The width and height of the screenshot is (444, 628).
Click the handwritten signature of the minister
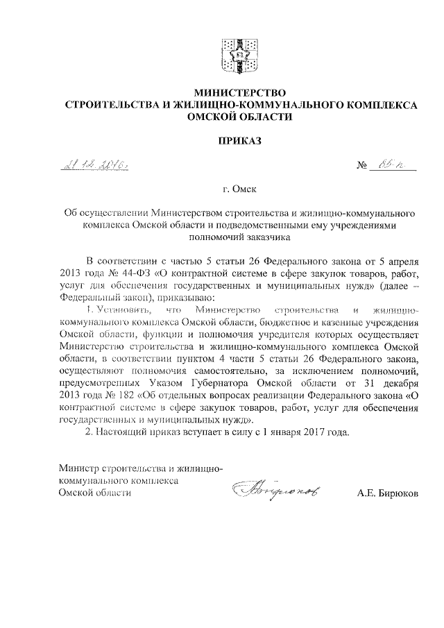271,491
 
